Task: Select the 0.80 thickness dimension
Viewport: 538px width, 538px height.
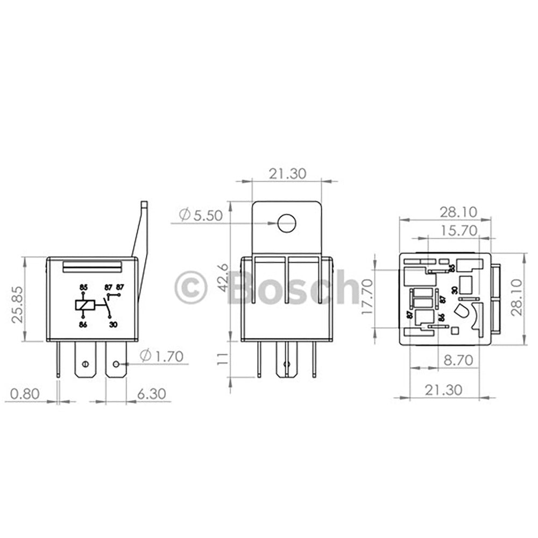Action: click(x=25, y=393)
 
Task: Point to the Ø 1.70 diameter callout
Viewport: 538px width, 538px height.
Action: click(x=161, y=356)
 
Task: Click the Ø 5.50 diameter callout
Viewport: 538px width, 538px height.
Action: click(x=200, y=215)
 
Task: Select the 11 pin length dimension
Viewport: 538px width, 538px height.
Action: click(x=221, y=359)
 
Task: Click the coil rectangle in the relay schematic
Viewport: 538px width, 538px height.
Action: click(x=85, y=305)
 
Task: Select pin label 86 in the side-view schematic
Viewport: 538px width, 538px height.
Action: click(x=83, y=325)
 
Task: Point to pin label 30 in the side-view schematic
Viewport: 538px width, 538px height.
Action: click(x=113, y=325)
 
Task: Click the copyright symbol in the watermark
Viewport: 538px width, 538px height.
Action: click(x=191, y=288)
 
